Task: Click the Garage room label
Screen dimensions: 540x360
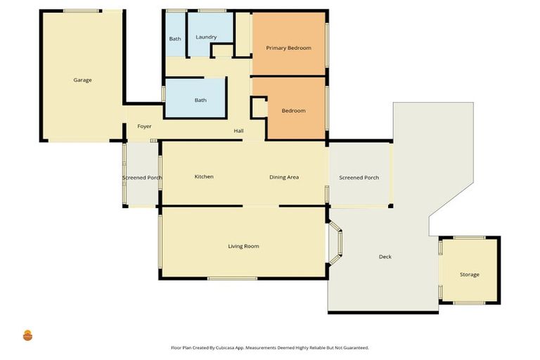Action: [x=82, y=80]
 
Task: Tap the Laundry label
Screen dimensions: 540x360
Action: [x=206, y=37]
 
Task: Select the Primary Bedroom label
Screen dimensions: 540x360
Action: [x=288, y=48]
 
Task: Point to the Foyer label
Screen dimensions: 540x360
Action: [x=144, y=127]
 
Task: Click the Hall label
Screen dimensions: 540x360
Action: [x=238, y=131]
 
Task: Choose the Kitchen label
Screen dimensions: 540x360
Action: [x=204, y=176]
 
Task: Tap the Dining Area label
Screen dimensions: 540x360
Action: [x=284, y=177]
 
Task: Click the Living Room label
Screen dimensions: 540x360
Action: [x=243, y=246]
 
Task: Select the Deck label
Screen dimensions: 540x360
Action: [x=385, y=257]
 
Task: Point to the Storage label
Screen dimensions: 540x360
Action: [x=470, y=274]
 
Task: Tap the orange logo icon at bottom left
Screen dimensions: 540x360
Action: [x=27, y=335]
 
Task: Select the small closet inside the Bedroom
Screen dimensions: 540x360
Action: [x=259, y=108]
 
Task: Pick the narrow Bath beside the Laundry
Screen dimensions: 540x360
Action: [x=175, y=34]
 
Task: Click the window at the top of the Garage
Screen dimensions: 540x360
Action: [x=82, y=11]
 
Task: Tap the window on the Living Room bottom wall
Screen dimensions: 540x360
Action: [x=233, y=278]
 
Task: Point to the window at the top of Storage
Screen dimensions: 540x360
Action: [x=470, y=238]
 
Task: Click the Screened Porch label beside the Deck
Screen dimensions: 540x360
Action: [x=359, y=178]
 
